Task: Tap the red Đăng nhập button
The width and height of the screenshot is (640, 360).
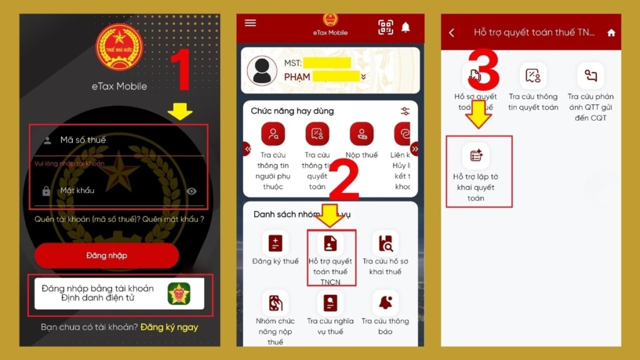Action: point(106,256)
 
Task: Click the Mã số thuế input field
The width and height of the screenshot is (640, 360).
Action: point(119,140)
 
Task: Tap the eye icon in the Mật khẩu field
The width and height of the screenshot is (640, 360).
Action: point(192,191)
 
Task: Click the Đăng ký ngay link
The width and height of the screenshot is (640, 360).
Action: point(169,327)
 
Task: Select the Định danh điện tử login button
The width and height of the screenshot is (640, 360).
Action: point(119,293)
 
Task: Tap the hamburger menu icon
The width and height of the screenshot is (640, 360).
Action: point(250,23)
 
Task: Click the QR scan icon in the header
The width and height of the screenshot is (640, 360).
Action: point(386,27)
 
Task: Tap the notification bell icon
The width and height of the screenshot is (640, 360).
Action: point(406,27)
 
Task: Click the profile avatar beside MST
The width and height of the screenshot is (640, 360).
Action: point(262,71)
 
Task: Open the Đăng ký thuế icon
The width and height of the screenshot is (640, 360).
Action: point(275,243)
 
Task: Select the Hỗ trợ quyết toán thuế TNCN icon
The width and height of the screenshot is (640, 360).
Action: point(331,243)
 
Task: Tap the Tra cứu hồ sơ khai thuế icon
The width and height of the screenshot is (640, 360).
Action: point(385,243)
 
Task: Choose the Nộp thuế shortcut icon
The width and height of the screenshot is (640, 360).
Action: point(362,134)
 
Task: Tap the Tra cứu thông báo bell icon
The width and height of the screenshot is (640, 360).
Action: point(385,303)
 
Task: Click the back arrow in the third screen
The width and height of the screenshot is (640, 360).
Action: point(452,32)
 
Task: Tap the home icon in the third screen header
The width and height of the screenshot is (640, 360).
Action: point(611,32)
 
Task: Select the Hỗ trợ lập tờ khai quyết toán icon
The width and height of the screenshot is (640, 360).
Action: point(476,156)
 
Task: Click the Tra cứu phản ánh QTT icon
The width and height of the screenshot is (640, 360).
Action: point(591,76)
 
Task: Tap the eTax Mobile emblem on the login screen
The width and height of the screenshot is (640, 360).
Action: point(119,47)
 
